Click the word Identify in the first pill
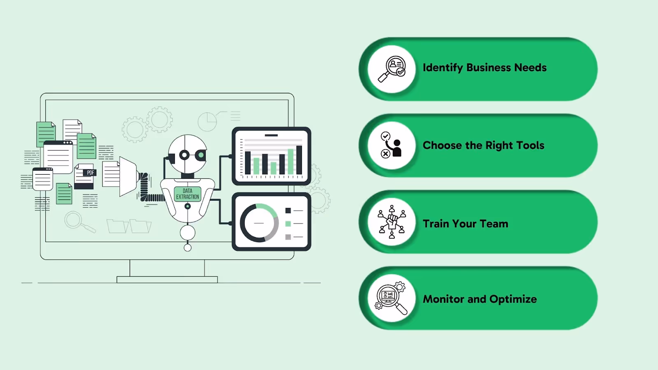443,68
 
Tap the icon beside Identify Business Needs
392,69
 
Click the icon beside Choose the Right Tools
392,145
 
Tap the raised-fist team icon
392,222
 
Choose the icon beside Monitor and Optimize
391,298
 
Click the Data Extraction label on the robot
188,194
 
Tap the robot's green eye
201,155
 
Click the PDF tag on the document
90,173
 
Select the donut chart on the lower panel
259,223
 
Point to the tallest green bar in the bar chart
291,162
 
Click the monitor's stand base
167,280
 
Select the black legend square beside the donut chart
288,210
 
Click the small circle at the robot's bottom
188,247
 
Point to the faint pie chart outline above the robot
207,122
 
